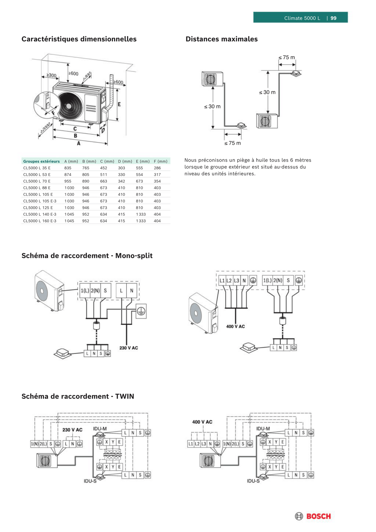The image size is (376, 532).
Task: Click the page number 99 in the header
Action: coord(333,18)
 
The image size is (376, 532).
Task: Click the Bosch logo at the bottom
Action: coord(313,516)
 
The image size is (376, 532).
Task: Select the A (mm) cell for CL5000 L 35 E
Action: coord(68,168)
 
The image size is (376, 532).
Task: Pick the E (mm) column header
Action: coord(143,161)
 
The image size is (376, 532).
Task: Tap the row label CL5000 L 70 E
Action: coord(37,181)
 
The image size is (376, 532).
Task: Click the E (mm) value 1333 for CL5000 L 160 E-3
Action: coord(141,221)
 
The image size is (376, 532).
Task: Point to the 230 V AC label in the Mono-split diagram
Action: coord(129,348)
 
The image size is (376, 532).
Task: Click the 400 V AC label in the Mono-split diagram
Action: coord(235,326)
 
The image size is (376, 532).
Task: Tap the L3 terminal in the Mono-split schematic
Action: coord(236,280)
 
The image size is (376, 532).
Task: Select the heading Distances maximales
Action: coord(221,39)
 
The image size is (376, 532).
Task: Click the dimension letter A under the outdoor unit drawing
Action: coord(79,143)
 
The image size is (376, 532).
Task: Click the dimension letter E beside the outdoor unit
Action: coord(119,104)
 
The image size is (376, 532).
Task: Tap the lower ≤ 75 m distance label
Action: coord(232,143)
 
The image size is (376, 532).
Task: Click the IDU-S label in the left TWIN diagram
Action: coord(90,481)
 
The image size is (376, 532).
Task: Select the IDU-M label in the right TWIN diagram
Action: coord(263,428)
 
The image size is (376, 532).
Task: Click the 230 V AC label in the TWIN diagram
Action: coord(72,430)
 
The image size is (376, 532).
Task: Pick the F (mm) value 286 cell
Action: coord(157,168)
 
